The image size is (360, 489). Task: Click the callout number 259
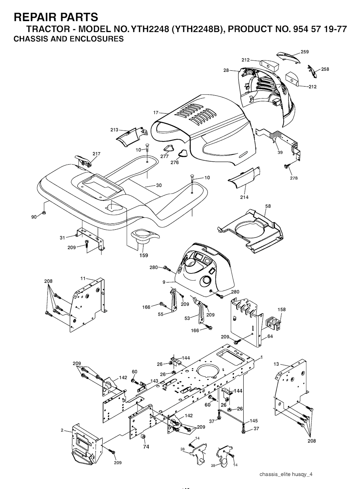304,52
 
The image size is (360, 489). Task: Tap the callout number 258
325,69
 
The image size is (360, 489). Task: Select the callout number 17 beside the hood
156,113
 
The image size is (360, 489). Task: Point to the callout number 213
114,130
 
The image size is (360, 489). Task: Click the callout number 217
96,154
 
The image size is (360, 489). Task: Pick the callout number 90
34,217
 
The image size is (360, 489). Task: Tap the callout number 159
144,255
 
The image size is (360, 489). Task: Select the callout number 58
268,206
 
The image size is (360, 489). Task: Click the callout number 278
294,178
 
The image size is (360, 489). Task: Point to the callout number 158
282,309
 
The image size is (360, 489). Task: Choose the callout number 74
146,447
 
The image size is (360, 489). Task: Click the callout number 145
254,421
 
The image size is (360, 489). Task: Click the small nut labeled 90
44,212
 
